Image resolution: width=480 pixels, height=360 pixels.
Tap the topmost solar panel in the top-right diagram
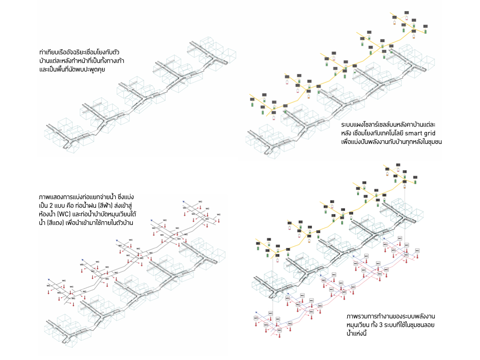pos(406,12)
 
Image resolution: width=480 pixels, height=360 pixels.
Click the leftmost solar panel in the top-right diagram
pos(252,99)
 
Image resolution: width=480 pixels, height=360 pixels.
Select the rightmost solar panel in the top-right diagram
pos(427,27)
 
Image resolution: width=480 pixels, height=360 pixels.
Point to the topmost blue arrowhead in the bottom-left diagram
pos(184,201)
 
